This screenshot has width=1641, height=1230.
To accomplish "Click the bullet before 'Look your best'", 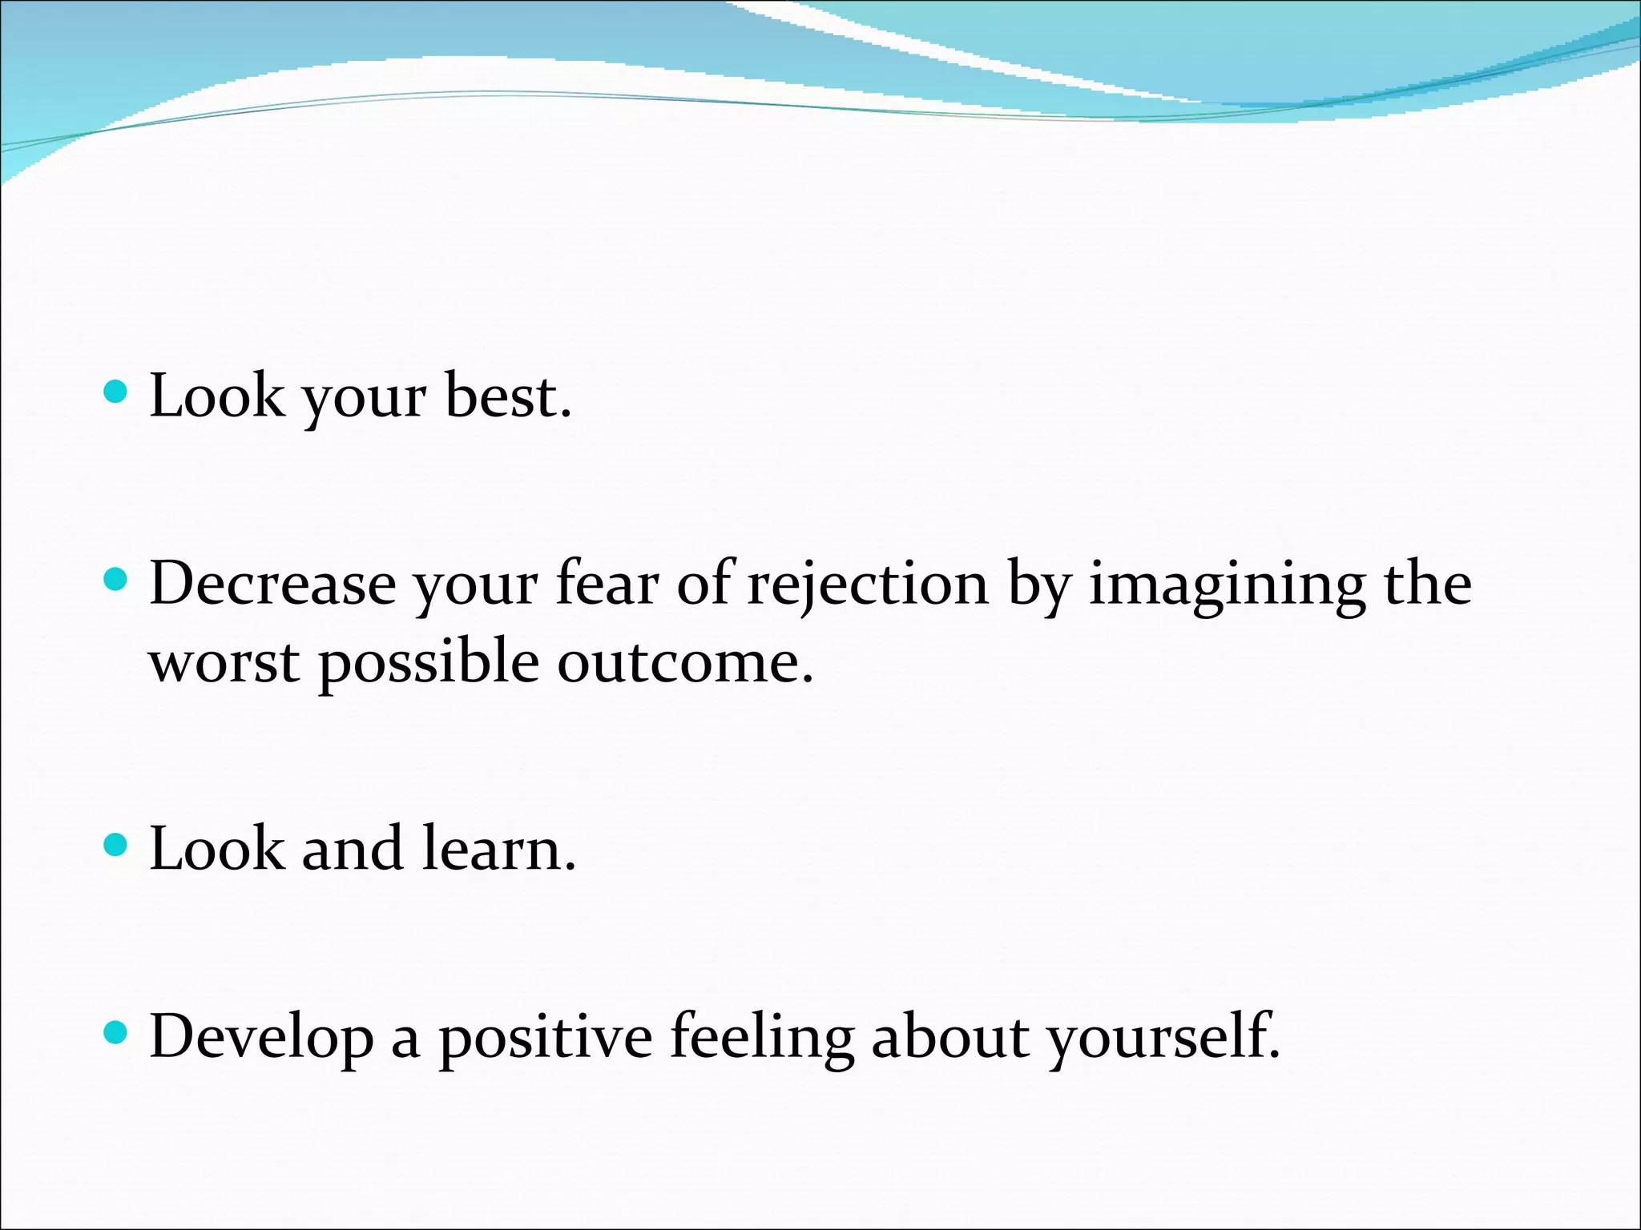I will coord(116,392).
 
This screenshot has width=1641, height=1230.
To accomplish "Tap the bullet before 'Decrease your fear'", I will coord(116,579).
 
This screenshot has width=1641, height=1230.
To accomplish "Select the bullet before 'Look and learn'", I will coord(116,845).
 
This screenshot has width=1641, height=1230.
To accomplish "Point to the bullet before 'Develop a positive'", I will coord(116,1032).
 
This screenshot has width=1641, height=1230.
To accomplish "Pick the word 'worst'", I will coord(224,663).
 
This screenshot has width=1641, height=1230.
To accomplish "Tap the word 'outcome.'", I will coord(685,663).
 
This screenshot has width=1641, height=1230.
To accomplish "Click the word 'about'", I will coord(950,1036).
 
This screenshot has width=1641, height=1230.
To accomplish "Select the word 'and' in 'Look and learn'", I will coord(352,849).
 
